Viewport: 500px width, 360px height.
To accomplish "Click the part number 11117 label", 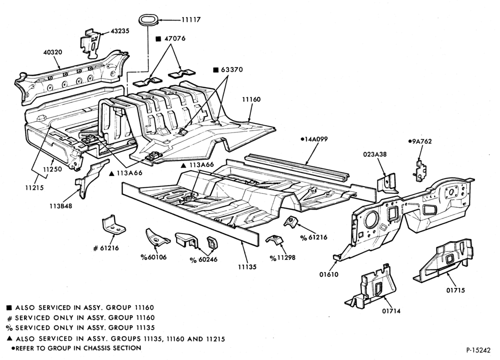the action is pos(191,20).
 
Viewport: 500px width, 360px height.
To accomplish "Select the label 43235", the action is pos(120,31).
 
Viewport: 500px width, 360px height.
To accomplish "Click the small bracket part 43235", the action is pos(92,43).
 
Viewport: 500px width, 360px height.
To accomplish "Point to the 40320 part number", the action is pos(53,52).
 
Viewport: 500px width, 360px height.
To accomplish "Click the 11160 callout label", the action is pos(251,99).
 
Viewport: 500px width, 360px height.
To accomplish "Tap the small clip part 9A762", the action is pos(419,170).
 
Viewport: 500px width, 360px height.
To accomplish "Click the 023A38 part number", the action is pos(374,154).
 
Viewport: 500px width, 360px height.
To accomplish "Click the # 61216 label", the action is pos(106,248).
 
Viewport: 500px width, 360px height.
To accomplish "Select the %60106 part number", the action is pos(153,257).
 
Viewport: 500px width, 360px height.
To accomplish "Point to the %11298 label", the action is pos(282,257).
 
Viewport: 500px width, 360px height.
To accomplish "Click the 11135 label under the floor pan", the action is pos(247,267).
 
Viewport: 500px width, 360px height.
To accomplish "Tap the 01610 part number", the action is pos(329,274).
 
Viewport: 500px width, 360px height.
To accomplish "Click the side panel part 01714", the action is pos(373,287).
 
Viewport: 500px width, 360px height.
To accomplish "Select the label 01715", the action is pos(455,290).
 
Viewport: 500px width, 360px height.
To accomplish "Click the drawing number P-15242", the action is pos(478,350).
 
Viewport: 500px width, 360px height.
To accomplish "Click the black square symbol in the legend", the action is pos(9,308).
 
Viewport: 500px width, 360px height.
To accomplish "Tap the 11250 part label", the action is pos(52,169).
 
